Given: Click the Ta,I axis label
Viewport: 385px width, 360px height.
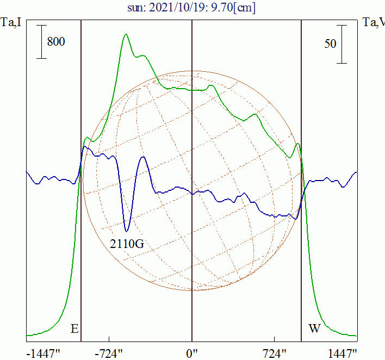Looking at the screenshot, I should tap(11, 23).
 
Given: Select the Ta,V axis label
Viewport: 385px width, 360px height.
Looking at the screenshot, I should tap(372, 23).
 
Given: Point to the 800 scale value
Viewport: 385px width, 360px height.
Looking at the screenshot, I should tap(56, 41).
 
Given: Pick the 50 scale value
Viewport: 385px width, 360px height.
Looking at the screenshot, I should tap(330, 44).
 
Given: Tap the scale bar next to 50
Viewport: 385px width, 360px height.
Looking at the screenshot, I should tap(341, 44).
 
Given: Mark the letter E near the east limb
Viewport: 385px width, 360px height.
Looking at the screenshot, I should tap(74, 329).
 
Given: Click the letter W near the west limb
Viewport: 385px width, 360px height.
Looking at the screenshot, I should tap(314, 329).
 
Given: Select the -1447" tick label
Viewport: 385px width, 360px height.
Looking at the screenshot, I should tap(43, 353).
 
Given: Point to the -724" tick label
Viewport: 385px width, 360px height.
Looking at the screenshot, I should tap(110, 353).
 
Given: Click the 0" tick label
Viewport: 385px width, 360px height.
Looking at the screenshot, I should tap(192, 353).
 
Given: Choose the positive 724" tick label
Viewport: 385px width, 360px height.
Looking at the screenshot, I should tap(275, 353).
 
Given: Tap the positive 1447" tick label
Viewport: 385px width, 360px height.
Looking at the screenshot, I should tap(343, 353).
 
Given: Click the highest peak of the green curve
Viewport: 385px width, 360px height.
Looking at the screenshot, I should tap(126, 35).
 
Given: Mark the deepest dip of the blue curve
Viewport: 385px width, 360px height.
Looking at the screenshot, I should tap(127, 231).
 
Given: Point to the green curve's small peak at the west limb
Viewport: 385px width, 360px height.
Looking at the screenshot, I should tap(297, 144).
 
